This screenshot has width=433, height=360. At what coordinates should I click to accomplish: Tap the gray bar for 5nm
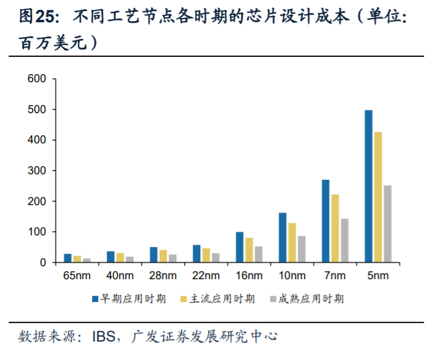point(387,224)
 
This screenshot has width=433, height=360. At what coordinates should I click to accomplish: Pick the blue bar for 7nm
point(326,221)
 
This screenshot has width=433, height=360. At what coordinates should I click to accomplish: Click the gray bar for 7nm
point(345,241)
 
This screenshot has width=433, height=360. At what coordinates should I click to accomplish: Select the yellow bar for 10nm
point(292,243)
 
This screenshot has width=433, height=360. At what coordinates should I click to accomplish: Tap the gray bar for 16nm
point(258,254)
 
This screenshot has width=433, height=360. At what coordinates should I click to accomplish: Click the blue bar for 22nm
point(196,254)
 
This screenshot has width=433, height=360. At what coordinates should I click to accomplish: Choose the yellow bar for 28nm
point(163,256)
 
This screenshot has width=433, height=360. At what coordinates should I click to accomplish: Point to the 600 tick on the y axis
point(39,79)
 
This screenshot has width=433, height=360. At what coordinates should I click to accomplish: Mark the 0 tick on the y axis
point(43,263)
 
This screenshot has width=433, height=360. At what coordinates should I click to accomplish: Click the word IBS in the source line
point(103,337)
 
